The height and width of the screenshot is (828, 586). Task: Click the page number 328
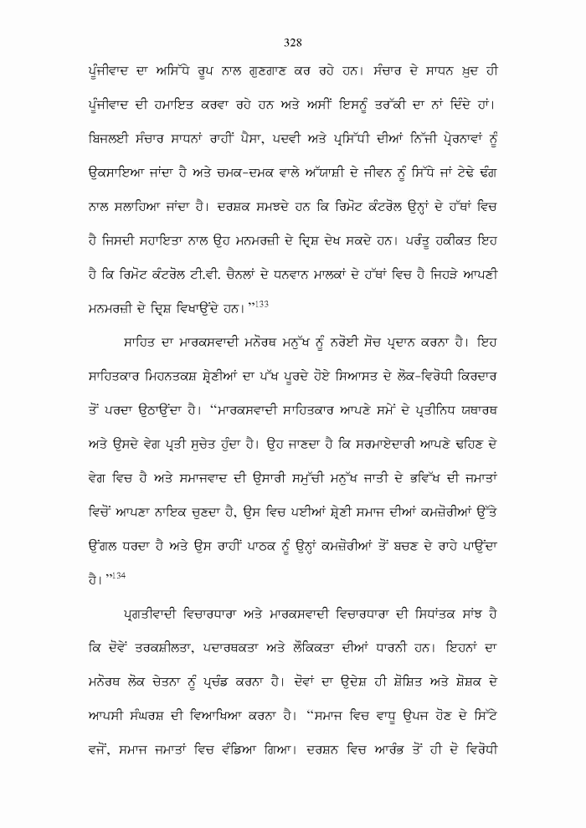pyautogui.click(x=292, y=43)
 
